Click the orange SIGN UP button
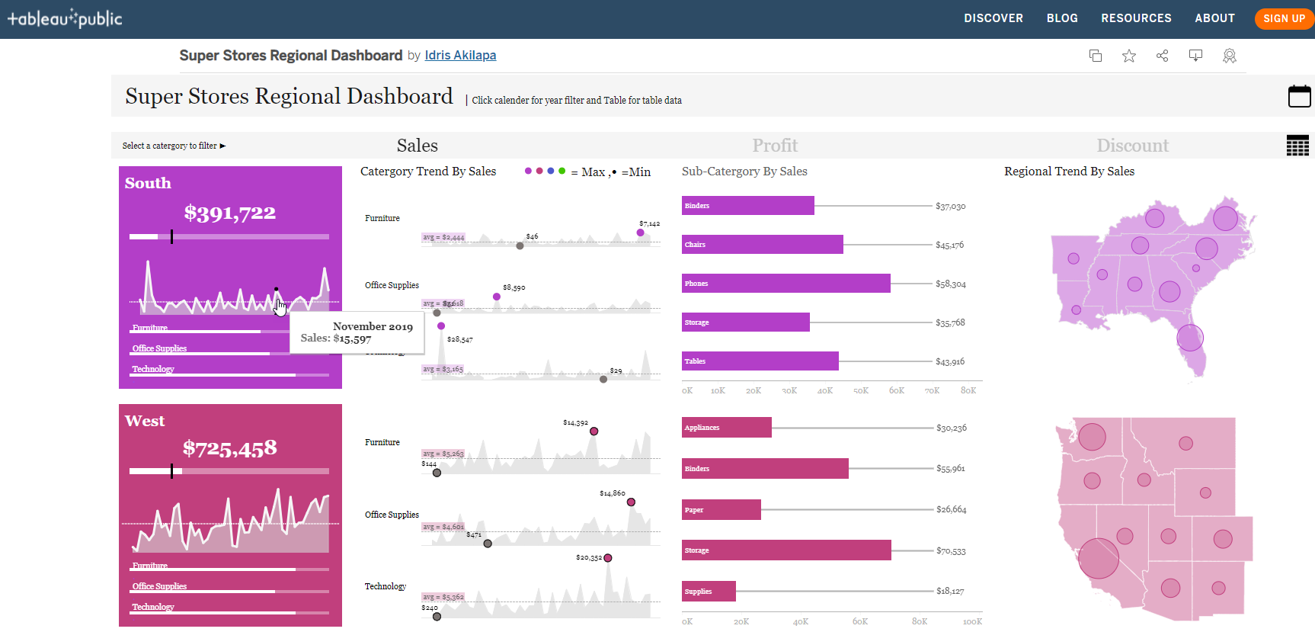(1284, 18)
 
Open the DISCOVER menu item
(993, 18)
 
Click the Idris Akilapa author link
(460, 55)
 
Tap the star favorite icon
(1129, 56)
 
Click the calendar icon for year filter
(1299, 97)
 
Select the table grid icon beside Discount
(1297, 145)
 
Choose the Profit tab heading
(775, 145)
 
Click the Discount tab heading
(1132, 145)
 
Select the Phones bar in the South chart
(785, 284)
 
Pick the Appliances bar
(726, 428)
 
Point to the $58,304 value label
(950, 284)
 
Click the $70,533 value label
(951, 551)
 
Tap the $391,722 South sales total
(229, 213)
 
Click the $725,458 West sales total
(229, 448)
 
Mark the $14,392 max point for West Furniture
(594, 431)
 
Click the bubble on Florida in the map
(1189, 337)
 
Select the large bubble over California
(1098, 558)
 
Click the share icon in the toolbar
(1162, 56)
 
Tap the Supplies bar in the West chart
(709, 591)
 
